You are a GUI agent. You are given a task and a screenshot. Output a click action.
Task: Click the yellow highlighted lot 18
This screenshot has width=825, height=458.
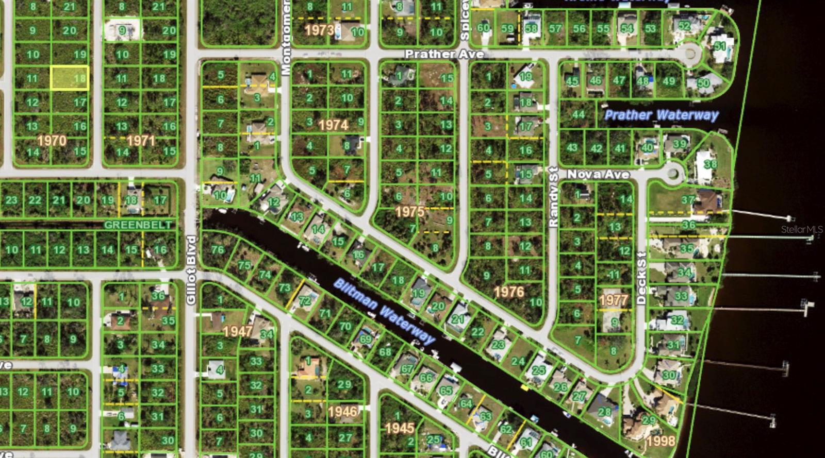70,78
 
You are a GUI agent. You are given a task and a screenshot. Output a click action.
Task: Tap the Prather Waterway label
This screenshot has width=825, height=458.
661,115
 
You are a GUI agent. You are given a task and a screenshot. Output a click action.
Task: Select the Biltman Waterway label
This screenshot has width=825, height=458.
385,311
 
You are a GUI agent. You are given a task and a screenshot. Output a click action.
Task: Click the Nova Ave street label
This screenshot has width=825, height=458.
598,175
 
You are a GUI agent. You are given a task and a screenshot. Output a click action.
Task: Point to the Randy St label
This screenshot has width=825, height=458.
553,197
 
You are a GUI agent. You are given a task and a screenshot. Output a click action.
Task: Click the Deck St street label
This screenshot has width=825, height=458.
641,278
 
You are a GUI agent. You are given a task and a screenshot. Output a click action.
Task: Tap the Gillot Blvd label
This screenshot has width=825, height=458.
191,270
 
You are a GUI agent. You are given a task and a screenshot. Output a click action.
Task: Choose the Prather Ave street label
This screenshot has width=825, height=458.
444,54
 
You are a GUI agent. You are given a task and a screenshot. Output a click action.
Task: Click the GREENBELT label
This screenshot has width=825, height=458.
138,225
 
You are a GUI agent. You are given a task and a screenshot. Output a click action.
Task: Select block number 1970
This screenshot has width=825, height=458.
52,140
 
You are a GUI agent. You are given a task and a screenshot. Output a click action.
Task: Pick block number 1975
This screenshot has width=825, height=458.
410,211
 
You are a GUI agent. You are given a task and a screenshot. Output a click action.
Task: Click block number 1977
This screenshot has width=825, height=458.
614,300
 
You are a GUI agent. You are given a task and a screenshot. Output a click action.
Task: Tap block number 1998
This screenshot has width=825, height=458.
661,441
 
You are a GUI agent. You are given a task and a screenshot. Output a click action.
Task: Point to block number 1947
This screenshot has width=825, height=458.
238,331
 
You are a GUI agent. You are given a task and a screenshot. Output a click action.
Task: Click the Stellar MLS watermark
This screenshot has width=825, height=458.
802,230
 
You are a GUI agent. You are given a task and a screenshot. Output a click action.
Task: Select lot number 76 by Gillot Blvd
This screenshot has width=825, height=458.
218,250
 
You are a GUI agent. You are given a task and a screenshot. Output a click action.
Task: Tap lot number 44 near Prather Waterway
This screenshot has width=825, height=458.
579,114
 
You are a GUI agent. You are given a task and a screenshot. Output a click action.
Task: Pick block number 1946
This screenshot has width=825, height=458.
343,411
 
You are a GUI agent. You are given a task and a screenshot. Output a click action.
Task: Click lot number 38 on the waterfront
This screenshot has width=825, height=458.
711,164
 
